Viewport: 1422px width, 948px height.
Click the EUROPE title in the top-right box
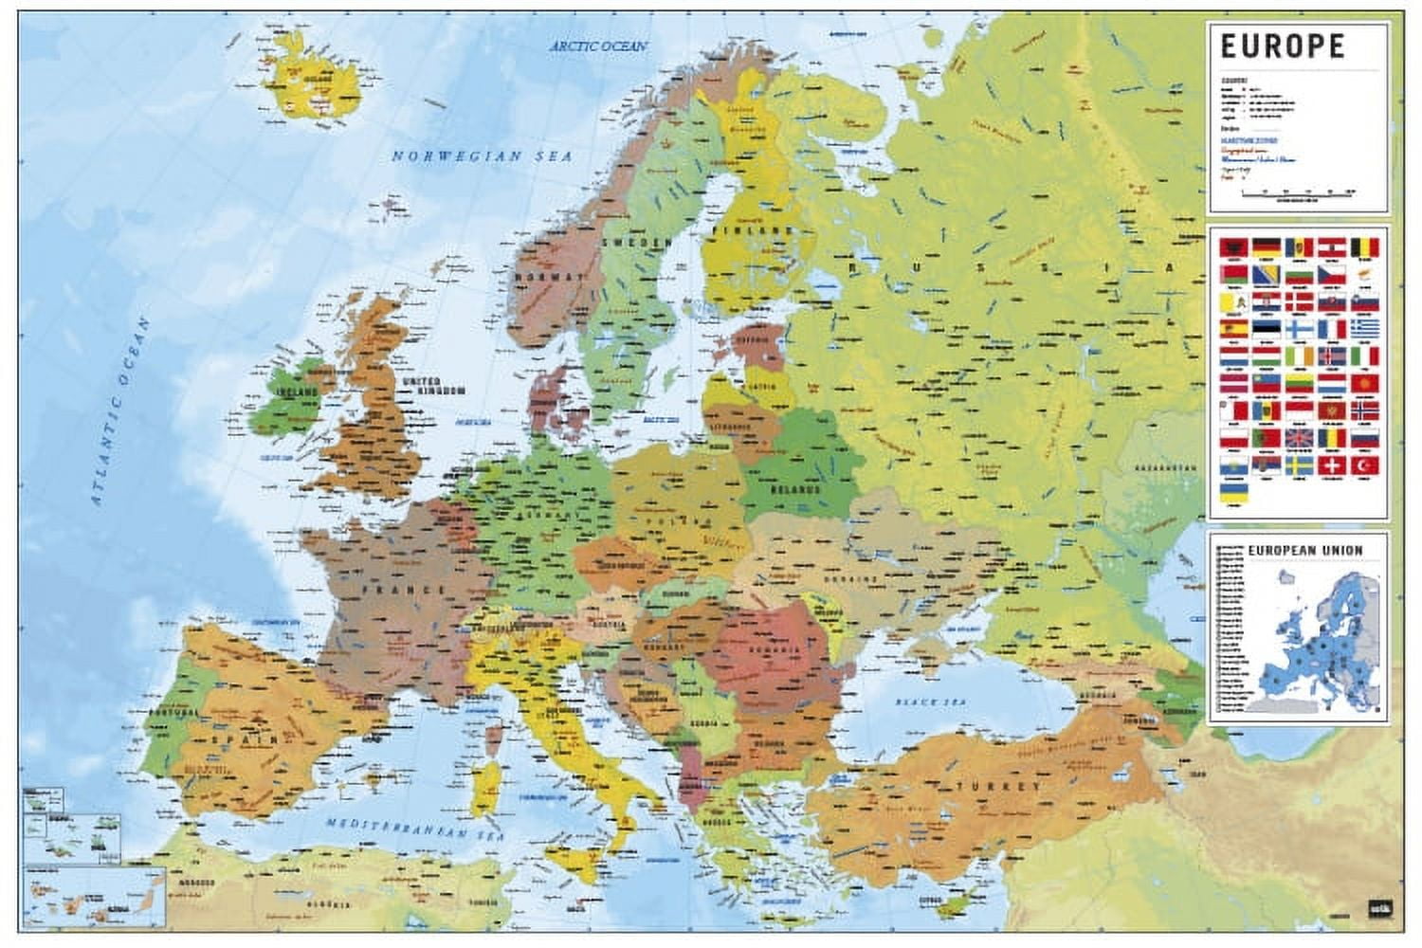[x=1282, y=46]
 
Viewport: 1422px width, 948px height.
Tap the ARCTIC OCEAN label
[x=599, y=46]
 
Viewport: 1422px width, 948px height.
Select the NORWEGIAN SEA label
[x=483, y=155]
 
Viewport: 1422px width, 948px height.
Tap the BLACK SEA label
[x=907, y=702]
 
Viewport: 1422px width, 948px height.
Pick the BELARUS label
[x=794, y=490]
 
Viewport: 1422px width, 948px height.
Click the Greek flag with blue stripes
[x=1363, y=328]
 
